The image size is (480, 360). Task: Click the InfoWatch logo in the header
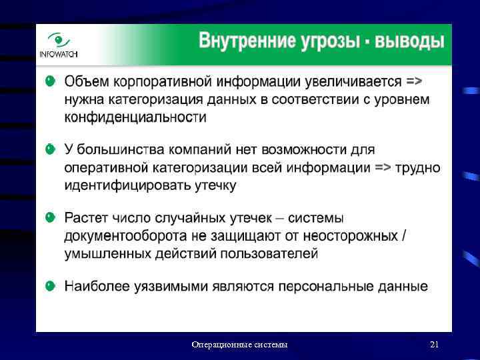pyautogui.click(x=58, y=45)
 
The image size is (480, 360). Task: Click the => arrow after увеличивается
pyautogui.click(x=413, y=81)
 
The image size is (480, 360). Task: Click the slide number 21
pyautogui.click(x=434, y=345)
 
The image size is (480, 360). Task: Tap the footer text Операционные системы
pyautogui.click(x=239, y=345)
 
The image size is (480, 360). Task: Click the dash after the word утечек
pyautogui.click(x=279, y=218)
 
